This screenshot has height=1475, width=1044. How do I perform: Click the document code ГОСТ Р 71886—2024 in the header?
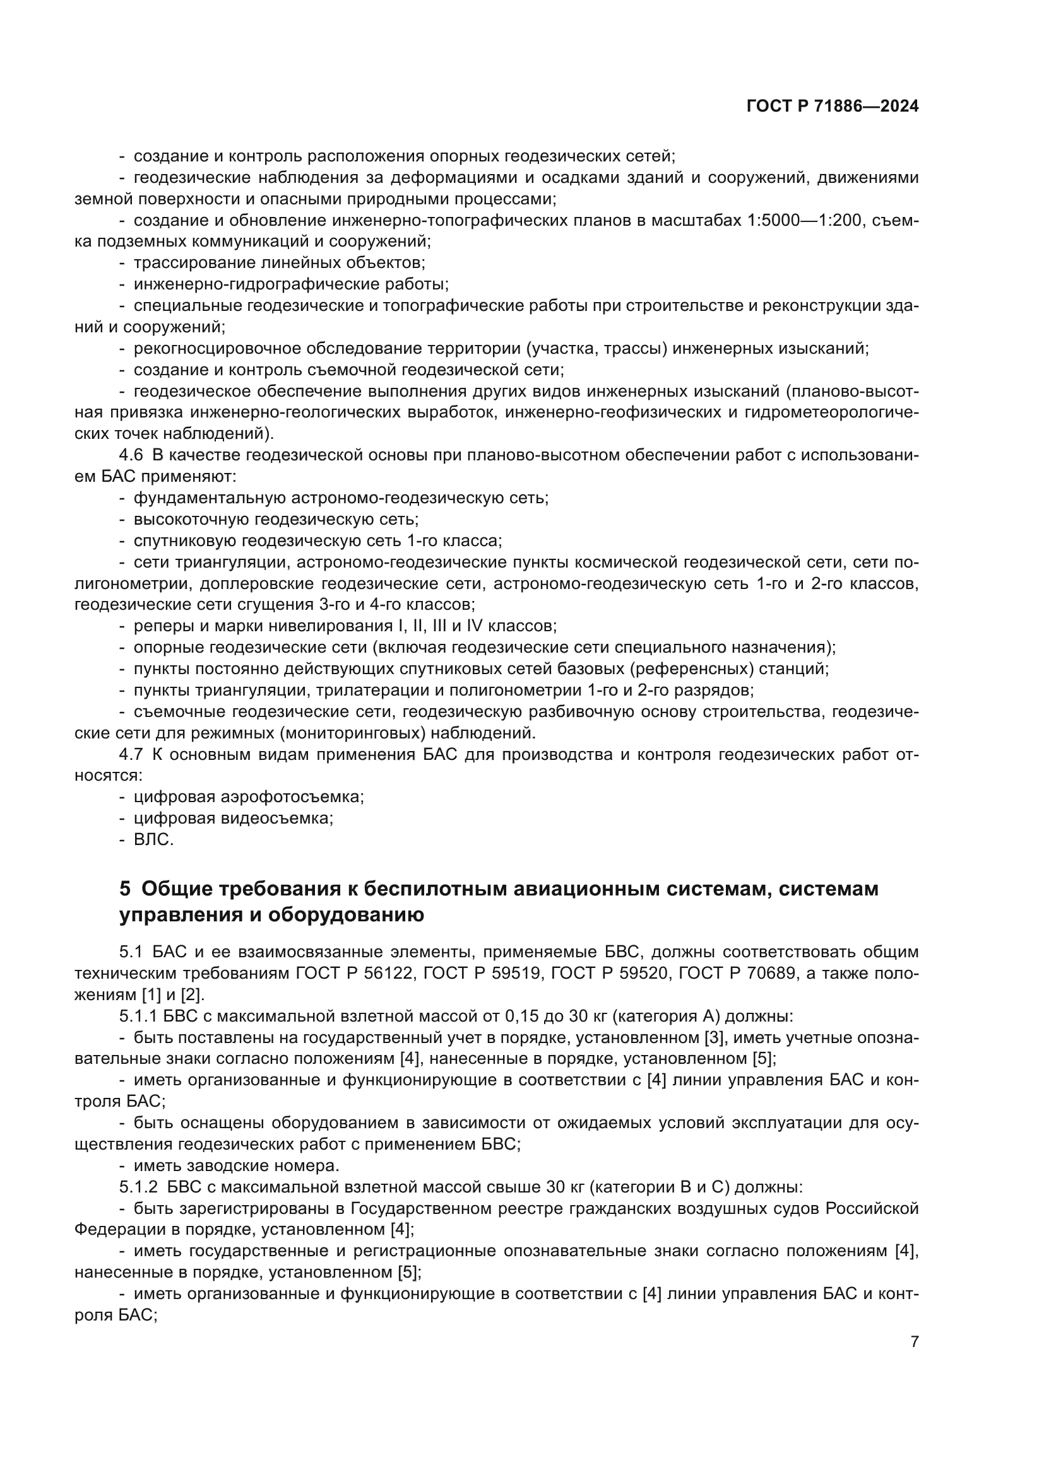click(x=833, y=107)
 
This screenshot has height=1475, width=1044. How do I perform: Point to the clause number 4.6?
click(x=131, y=455)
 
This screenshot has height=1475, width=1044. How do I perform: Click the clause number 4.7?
click(x=131, y=755)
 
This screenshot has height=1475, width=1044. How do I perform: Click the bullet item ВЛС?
click(x=153, y=840)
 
